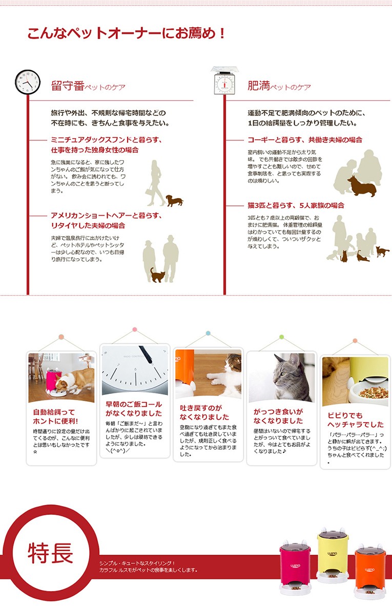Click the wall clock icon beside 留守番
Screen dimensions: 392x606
pos(28,82)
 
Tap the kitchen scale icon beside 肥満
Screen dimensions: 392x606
pos(224,81)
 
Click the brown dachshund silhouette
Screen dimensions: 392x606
pos(174,201)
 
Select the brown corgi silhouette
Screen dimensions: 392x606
pos(362,186)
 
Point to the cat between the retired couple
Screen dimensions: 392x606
pos(158,275)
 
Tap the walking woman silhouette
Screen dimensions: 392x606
pos(156,183)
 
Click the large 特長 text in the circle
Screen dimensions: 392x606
pos(50,553)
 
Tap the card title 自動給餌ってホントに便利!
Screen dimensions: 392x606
pos(55,416)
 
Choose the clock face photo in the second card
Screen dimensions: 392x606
pos(135,370)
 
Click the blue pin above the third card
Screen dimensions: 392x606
pos(208,333)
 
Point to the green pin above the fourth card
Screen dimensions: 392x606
pos(281,337)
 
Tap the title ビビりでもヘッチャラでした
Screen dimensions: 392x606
pos(356,420)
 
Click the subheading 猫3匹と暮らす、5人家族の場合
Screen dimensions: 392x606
pos(296,205)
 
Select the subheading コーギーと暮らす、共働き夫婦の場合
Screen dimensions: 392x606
pos(305,140)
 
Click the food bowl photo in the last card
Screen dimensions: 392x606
pos(355,382)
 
